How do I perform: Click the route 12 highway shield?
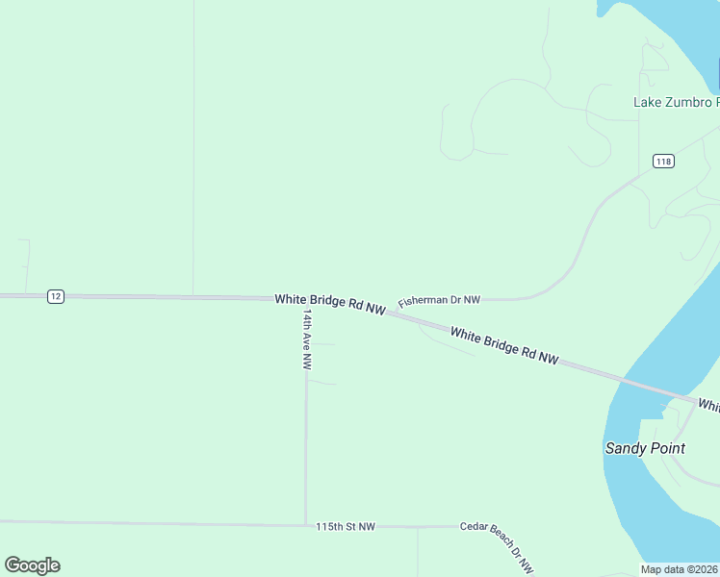pos(56,296)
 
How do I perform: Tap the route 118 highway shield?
pos(662,161)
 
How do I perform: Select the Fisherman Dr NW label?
pos(439,301)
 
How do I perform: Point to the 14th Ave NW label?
pos(307,339)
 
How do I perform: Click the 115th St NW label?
pos(346,527)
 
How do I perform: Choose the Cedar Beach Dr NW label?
pos(497,542)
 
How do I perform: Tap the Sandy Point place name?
pos(645,448)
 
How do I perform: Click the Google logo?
pos(32,565)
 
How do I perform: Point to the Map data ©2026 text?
pos(680,569)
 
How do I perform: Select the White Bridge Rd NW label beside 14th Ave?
pos(330,304)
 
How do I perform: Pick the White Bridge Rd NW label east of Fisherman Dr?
pos(504,345)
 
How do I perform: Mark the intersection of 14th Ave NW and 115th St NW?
pos(305,525)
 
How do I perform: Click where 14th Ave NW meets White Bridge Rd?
pos(305,300)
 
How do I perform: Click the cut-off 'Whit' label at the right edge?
pos(708,407)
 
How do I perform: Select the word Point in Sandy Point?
pos(666,448)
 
